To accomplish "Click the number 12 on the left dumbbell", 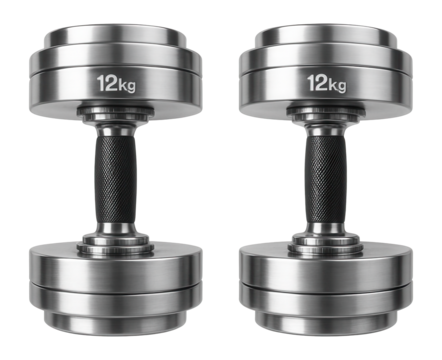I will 106,83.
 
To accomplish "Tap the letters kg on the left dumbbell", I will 127,85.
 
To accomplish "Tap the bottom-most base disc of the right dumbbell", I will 326,318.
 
